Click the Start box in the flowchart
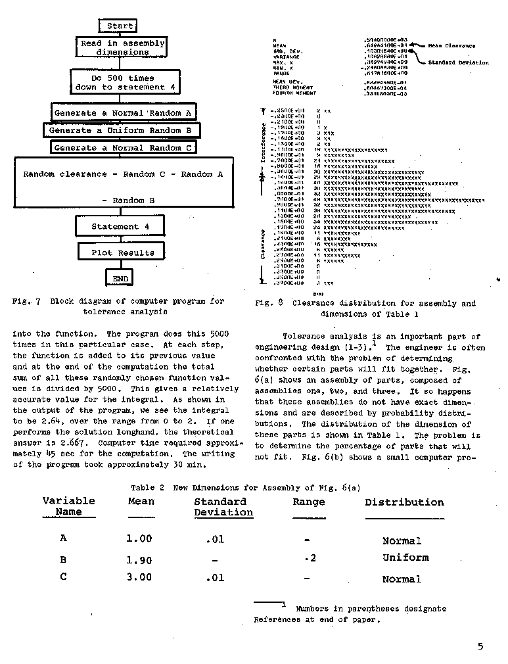pos(120,26)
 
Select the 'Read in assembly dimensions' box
pos(123,47)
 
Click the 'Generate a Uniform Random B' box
pos(124,130)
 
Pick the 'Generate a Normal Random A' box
pos(124,112)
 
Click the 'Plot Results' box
pos(124,252)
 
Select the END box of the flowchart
pos(121,278)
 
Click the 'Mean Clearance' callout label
pos(451,46)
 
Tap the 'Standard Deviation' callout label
pos(459,62)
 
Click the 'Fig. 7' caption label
pos(26,301)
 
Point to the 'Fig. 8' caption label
pos(269,303)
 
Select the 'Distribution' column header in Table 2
pos(404,502)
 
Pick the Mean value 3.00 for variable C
pos(139,577)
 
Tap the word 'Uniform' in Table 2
pos(405,557)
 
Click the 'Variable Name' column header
pos(68,506)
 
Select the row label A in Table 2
pos(63,538)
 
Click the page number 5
pos(480,646)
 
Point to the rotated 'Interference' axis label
pos(264,141)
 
